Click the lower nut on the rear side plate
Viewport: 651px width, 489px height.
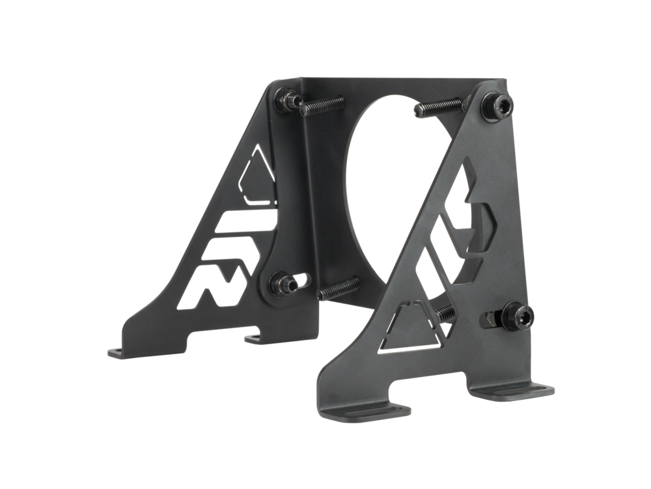pos(284,285)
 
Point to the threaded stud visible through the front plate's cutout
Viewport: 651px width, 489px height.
pos(447,313)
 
